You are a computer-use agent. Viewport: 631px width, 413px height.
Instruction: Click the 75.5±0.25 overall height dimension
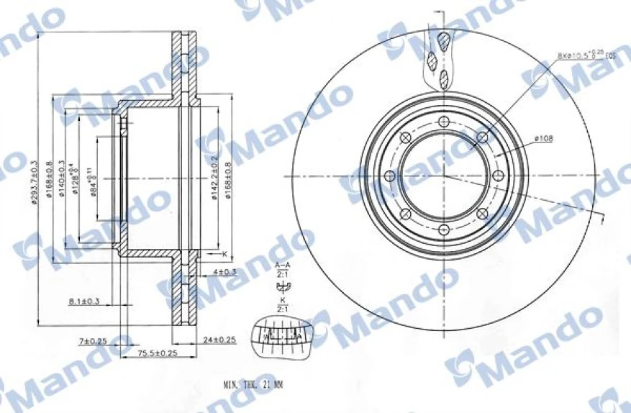click(x=158, y=353)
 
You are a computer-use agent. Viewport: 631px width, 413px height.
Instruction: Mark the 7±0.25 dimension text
click(x=93, y=340)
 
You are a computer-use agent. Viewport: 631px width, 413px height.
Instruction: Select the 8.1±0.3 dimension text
click(x=84, y=301)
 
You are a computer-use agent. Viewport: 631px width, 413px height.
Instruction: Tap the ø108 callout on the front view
click(x=544, y=139)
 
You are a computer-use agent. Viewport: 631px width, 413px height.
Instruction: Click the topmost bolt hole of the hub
click(x=443, y=121)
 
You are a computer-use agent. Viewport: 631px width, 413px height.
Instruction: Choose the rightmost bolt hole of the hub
click(x=496, y=176)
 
